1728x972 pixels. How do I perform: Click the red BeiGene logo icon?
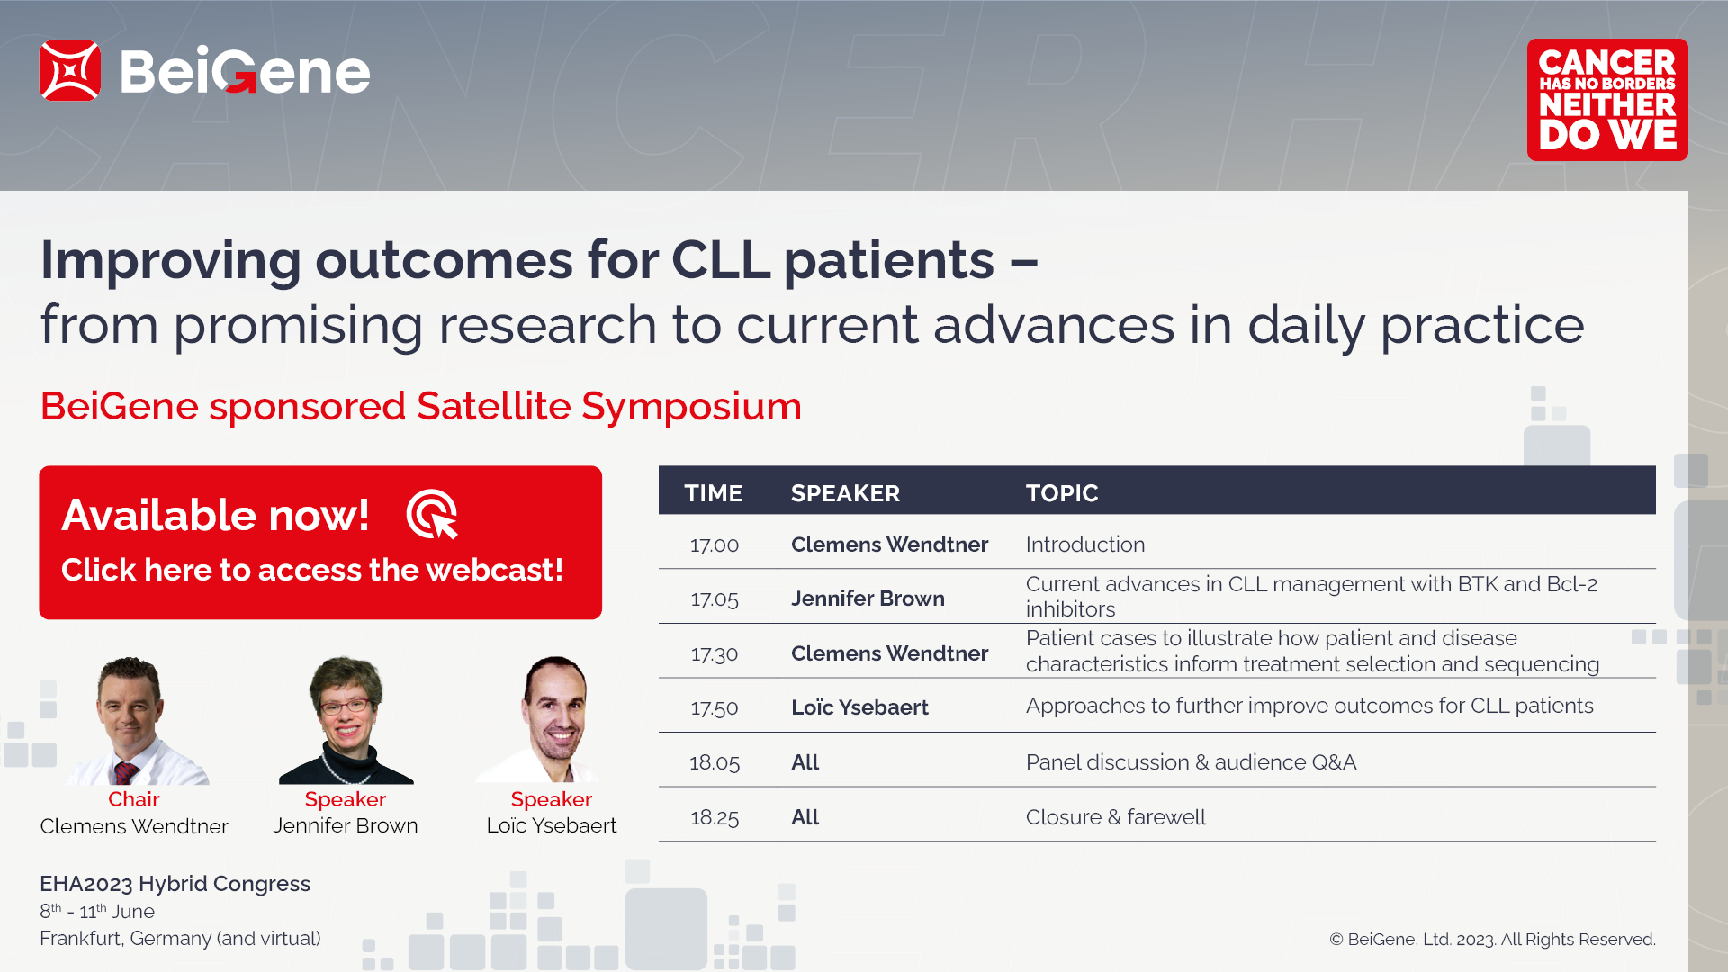[x=69, y=70]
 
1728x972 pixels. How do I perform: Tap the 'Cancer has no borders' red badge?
[x=1607, y=100]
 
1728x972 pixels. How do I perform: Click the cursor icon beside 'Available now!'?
[x=432, y=514]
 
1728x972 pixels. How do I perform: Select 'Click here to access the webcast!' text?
[x=312, y=570]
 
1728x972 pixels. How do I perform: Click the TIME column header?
[x=714, y=493]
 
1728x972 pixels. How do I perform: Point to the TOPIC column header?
[x=1062, y=493]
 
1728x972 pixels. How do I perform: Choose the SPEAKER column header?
[x=845, y=493]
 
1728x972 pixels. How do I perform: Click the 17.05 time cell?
[x=715, y=599]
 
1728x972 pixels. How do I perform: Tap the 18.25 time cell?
[x=715, y=817]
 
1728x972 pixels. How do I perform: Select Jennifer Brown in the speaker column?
[x=868, y=598]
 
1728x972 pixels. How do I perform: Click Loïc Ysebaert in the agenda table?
[x=859, y=707]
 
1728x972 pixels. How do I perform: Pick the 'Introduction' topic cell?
[x=1085, y=544]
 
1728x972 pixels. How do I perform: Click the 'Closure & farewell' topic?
[x=1116, y=817]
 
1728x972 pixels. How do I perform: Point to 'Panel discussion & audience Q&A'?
[x=1191, y=762]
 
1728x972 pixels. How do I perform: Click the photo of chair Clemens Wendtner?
[x=135, y=720]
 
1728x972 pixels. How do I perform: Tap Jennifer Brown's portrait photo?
[x=346, y=720]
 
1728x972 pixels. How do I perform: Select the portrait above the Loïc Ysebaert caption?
[x=551, y=720]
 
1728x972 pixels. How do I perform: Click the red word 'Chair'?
[x=134, y=799]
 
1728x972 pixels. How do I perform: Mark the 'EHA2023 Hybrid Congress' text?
[x=175, y=884]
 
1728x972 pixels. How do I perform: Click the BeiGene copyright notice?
[x=1492, y=940]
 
